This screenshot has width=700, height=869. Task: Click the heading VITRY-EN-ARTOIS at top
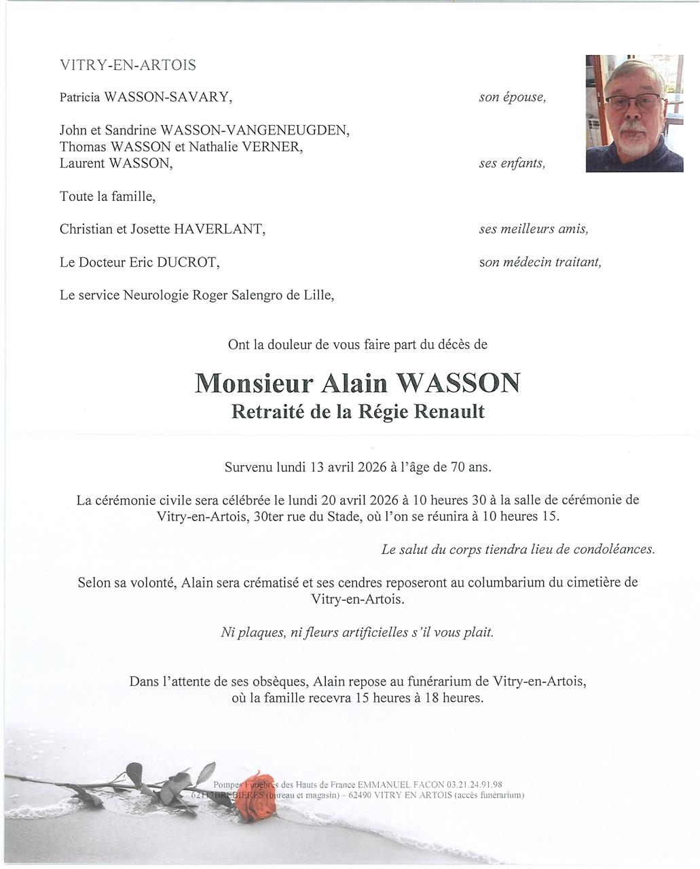click(x=128, y=65)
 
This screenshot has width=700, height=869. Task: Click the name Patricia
click(x=81, y=97)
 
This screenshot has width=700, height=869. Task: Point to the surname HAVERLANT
click(x=219, y=229)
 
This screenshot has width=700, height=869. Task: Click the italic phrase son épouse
click(x=512, y=97)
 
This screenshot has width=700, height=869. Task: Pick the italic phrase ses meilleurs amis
click(x=533, y=229)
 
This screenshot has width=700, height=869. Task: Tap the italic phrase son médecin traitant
click(x=540, y=262)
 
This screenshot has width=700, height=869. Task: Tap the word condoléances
click(x=614, y=549)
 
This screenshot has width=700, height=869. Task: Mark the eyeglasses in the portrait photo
click(x=633, y=103)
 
